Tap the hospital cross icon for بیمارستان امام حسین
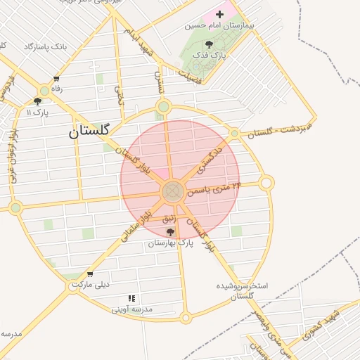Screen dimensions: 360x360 point(219,14)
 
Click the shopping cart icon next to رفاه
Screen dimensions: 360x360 point(56,79)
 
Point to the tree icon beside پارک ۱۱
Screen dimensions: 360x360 point(37,101)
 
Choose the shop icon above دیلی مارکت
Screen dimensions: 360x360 point(89,274)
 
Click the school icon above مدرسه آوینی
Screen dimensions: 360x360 point(131,298)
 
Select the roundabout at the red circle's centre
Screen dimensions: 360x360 point(173,191)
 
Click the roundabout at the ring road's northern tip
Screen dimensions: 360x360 point(164,107)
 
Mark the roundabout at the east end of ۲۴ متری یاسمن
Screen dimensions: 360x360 point(266,184)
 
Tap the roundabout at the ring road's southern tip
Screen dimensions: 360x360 point(186,318)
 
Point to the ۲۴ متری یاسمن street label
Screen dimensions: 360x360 point(216,188)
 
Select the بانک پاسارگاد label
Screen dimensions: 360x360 point(44,46)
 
